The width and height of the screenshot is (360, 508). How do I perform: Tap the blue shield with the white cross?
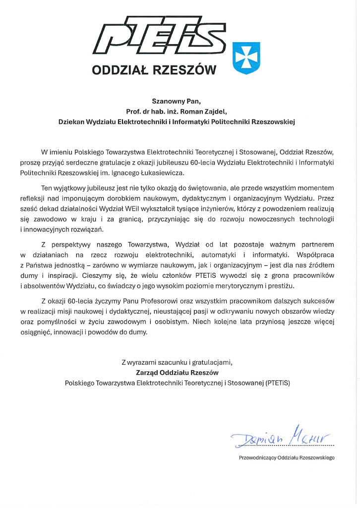[246, 59]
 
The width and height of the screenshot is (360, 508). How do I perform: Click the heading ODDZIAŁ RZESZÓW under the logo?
[154, 70]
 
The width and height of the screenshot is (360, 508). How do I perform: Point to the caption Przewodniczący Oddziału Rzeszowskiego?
[286, 458]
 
